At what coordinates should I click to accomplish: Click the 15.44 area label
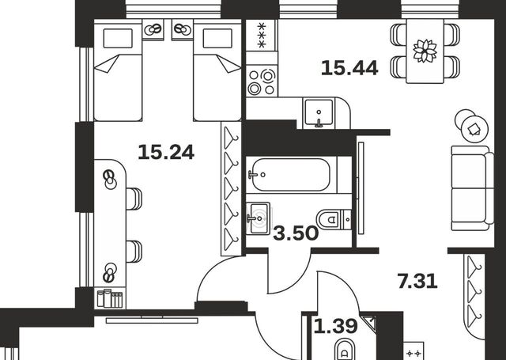[349, 68]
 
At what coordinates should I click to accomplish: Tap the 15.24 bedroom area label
[166, 152]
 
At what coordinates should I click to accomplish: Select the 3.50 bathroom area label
[295, 233]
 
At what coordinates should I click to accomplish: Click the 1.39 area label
[336, 325]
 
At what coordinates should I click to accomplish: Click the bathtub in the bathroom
[288, 174]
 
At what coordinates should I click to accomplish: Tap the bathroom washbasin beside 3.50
[258, 217]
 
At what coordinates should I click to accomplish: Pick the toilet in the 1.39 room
[346, 349]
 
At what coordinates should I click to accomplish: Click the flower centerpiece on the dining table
[426, 51]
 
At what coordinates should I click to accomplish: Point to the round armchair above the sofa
[472, 125]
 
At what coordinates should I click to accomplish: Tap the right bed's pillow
[216, 38]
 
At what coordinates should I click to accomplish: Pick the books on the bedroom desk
[110, 299]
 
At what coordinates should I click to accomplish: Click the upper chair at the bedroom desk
[134, 199]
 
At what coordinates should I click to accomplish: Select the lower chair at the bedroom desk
[134, 251]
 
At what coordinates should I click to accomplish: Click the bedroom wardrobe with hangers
[230, 188]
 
